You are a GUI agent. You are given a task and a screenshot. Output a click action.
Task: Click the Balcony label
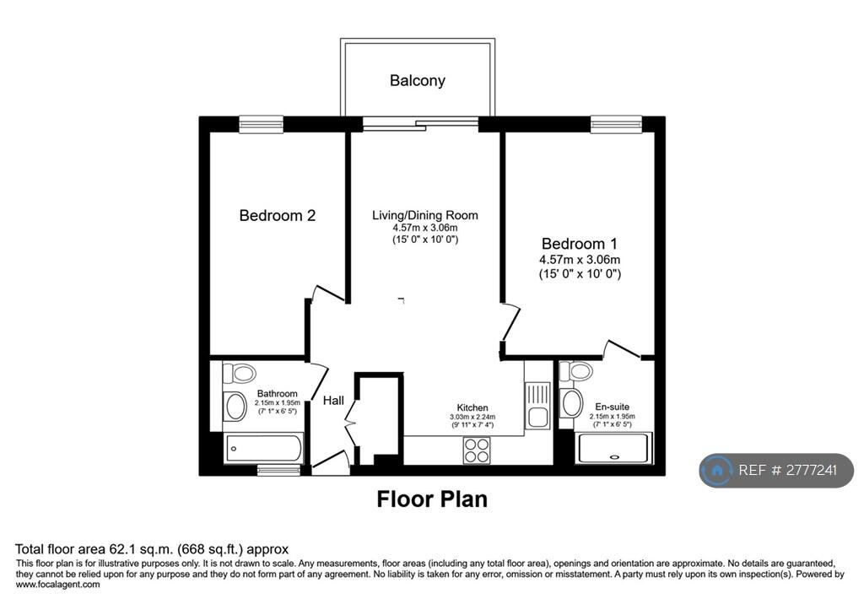(x=417, y=81)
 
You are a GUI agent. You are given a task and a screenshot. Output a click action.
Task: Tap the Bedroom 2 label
(x=277, y=215)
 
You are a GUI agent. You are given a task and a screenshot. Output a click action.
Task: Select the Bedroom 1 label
(x=579, y=244)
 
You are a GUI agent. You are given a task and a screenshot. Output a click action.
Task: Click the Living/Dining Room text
(x=425, y=215)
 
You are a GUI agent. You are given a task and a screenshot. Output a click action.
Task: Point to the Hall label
(x=333, y=401)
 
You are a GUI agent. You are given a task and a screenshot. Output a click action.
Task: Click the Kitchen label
(x=472, y=407)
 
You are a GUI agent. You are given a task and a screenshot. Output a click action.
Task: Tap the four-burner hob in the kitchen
(x=477, y=450)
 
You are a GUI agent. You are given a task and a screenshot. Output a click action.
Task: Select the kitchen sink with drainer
(x=537, y=405)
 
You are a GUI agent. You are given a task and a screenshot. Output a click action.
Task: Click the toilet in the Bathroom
(x=239, y=373)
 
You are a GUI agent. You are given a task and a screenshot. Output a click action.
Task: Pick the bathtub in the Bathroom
(x=263, y=449)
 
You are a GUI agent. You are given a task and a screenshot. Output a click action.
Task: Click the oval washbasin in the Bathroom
(x=236, y=406)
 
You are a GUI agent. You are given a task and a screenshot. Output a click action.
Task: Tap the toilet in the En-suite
(x=575, y=371)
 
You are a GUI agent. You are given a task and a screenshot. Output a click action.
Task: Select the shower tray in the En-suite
(x=613, y=449)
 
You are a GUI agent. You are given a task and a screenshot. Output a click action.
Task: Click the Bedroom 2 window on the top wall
(x=262, y=125)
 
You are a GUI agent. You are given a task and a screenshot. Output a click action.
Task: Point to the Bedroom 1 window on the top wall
(x=616, y=125)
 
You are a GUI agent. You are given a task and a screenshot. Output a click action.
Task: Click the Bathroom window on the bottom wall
(x=278, y=470)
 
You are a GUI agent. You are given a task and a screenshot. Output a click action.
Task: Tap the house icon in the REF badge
(x=717, y=471)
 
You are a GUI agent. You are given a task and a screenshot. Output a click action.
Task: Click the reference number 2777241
(x=811, y=470)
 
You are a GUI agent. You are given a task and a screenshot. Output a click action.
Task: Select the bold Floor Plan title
(x=432, y=499)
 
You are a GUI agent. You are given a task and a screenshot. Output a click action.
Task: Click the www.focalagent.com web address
(x=58, y=585)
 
